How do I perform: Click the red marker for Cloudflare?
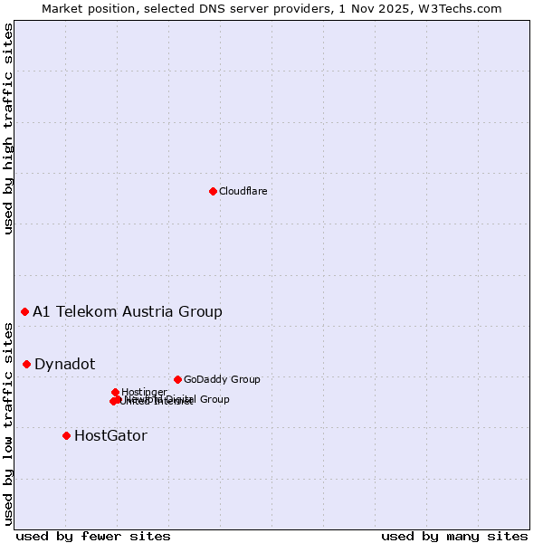(x=213, y=191)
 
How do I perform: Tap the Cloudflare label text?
(x=243, y=191)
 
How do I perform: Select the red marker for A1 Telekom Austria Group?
(x=24, y=311)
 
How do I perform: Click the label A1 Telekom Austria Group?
(x=128, y=312)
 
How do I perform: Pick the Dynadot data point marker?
(x=26, y=364)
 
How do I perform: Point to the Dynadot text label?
(x=64, y=365)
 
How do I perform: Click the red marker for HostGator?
(x=66, y=435)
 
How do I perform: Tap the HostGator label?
(x=110, y=436)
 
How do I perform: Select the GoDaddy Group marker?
(x=177, y=379)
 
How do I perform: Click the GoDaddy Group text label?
(x=222, y=380)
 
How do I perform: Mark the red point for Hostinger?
(x=115, y=392)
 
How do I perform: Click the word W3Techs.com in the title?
(x=462, y=9)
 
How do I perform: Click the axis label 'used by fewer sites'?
(x=93, y=536)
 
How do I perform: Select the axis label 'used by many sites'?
(x=454, y=536)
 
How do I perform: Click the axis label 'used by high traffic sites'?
(x=9, y=129)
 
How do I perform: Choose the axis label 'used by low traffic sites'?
(x=9, y=424)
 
